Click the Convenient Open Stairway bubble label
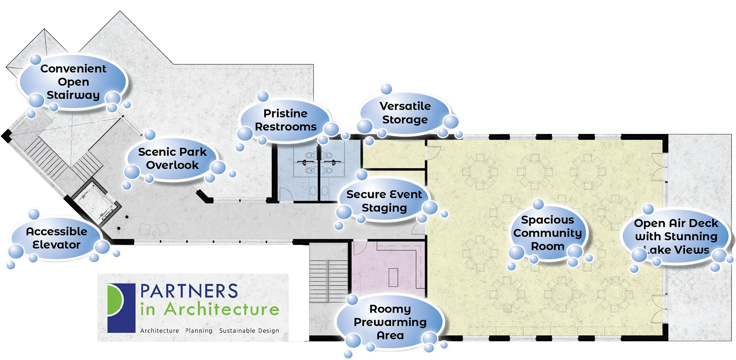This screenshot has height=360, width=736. pos(73,82)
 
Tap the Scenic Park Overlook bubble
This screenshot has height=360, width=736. pos(172,159)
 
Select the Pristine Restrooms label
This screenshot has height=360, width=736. pos(286,120)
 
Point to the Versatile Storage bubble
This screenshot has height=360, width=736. pos(405,113)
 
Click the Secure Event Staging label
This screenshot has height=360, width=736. pos(384,201)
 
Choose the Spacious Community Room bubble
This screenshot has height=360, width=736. pos(547,233)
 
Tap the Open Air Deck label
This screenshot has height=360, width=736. pos(676,236)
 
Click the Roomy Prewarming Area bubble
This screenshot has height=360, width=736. pos(390,322)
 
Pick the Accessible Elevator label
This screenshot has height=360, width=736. pos(56,238)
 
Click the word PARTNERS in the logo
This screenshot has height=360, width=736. pos(189,291)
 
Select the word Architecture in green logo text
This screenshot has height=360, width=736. pos(222,309)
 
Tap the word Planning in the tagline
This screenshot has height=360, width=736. pos(199,331)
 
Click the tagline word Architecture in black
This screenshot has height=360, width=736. pos(159,331)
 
